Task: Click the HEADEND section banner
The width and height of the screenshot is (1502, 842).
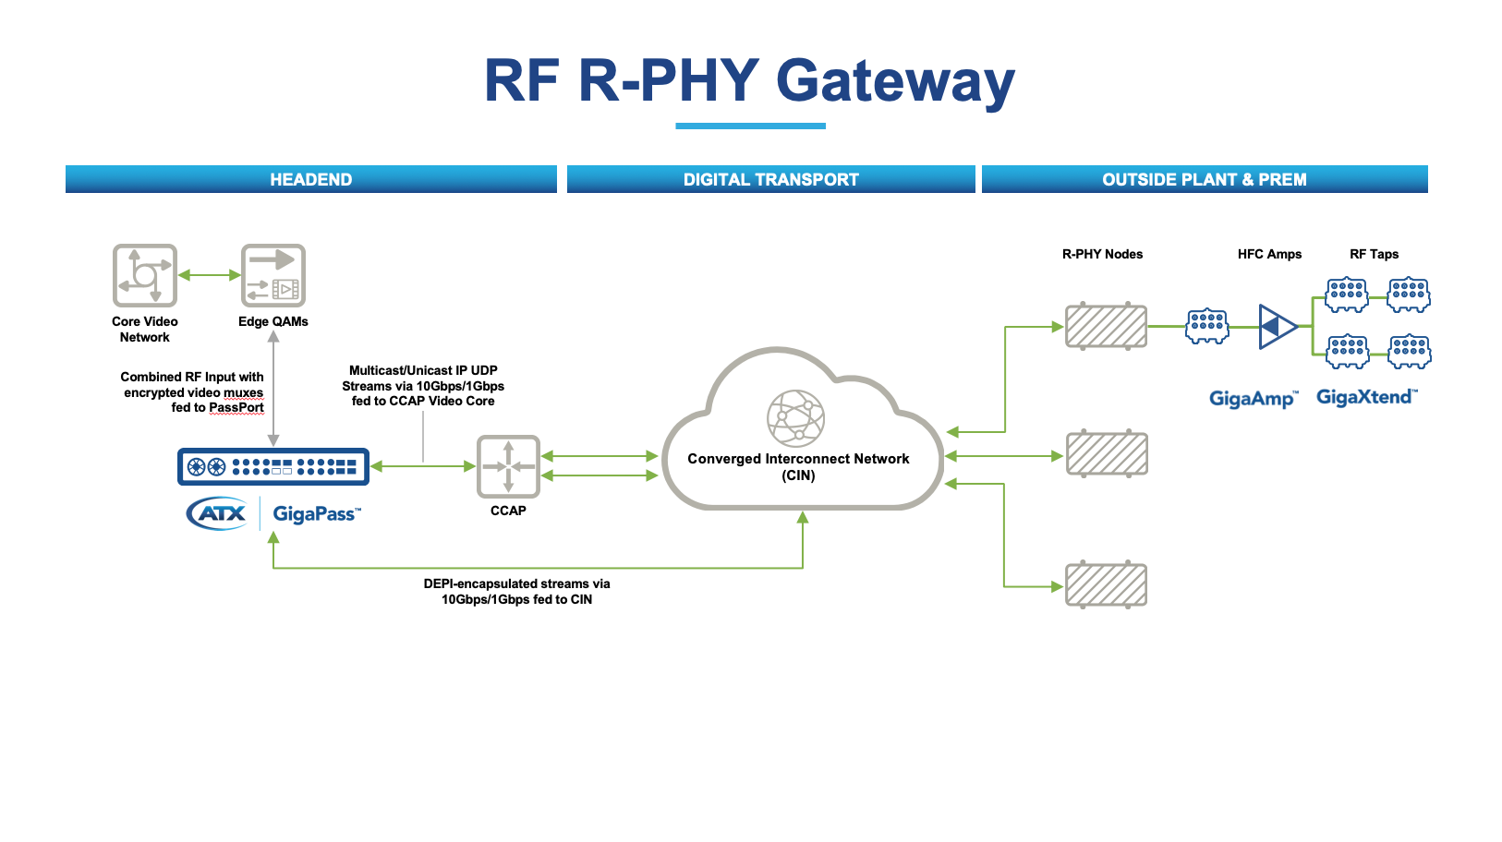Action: (310, 179)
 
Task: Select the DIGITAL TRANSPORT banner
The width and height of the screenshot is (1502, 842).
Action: (770, 179)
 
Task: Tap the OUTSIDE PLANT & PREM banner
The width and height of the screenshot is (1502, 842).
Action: (1204, 179)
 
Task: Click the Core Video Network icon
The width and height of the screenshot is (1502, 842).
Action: (144, 275)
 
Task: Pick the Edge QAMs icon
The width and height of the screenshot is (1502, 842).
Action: (273, 275)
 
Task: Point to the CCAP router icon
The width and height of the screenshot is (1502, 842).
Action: (508, 466)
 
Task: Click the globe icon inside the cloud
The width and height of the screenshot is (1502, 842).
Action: (795, 418)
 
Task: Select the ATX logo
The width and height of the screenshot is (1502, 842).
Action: (217, 513)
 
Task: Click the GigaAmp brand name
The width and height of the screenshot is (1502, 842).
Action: (1253, 399)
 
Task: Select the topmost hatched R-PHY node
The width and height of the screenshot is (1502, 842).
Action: (1106, 326)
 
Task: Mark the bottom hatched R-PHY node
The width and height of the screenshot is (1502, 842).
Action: (1106, 585)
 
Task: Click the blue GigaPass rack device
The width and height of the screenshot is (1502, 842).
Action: (273, 467)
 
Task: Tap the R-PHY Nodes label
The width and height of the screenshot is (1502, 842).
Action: (1102, 254)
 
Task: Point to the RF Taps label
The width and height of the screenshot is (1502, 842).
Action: (1374, 254)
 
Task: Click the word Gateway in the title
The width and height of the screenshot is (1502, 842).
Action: (895, 81)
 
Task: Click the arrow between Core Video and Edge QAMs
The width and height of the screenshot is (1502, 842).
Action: (209, 275)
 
